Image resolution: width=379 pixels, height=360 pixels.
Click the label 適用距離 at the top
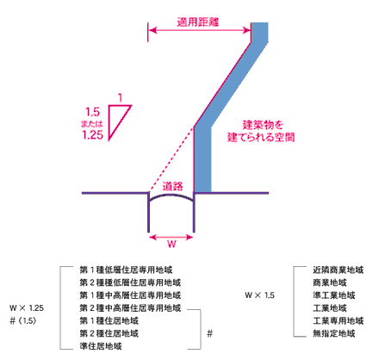click(198, 22)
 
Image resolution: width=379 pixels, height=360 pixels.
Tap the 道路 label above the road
click(172, 186)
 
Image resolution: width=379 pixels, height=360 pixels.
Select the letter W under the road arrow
click(171, 244)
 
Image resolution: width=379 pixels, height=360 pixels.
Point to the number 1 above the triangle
click(120, 98)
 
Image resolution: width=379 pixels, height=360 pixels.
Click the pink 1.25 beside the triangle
click(92, 134)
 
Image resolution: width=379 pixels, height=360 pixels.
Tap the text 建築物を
click(263, 125)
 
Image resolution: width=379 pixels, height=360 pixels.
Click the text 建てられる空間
click(261, 137)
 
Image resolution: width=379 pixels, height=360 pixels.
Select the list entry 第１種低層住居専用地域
click(126, 270)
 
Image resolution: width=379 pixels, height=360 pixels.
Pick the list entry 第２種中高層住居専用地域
click(130, 308)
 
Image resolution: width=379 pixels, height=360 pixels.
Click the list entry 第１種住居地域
click(109, 320)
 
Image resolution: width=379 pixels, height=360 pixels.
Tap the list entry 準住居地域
click(101, 346)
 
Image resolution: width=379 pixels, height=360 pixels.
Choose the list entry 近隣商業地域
click(338, 270)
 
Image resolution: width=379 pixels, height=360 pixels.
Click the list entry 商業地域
click(330, 282)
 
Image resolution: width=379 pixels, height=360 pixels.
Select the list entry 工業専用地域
click(338, 320)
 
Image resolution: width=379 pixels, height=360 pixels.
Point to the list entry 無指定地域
click(334, 333)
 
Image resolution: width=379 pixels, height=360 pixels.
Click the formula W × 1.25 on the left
click(27, 308)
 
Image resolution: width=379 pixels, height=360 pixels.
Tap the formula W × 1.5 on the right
click(259, 295)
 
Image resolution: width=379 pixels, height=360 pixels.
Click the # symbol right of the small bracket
click(210, 333)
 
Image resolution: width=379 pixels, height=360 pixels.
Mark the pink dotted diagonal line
click(171, 159)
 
